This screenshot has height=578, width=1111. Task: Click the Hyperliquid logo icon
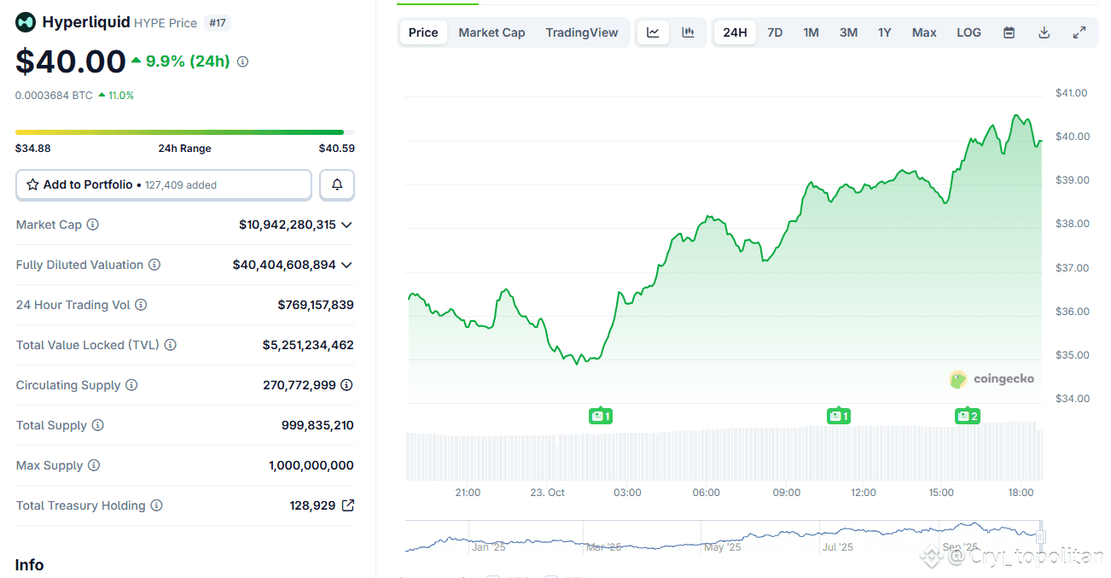[x=26, y=22]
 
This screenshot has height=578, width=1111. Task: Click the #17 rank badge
[x=218, y=23]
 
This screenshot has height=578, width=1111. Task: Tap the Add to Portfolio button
[x=164, y=184]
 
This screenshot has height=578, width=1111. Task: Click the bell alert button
[x=337, y=184]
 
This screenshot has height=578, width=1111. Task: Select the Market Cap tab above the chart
[x=492, y=32]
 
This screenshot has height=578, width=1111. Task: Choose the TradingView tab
[x=582, y=32]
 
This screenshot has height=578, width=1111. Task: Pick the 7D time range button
[x=775, y=32]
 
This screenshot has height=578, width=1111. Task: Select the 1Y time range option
[x=885, y=32]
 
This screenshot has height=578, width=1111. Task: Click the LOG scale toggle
[x=968, y=32]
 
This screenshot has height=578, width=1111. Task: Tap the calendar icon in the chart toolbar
[x=1009, y=32]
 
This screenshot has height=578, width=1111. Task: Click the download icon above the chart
[x=1044, y=32]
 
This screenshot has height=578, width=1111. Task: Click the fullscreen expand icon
[x=1079, y=32]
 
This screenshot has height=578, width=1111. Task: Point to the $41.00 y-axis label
[x=1071, y=93]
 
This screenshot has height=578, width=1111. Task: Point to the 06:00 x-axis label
[x=706, y=493]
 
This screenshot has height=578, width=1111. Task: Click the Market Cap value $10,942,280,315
[x=288, y=225]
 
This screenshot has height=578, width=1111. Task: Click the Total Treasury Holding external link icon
[x=348, y=505]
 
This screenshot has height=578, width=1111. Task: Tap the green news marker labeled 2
[x=968, y=416]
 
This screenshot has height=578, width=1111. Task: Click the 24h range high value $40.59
[x=336, y=149]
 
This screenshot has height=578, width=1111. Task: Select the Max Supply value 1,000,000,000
[x=311, y=465]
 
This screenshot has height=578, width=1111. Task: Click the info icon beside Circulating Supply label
[x=131, y=385]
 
